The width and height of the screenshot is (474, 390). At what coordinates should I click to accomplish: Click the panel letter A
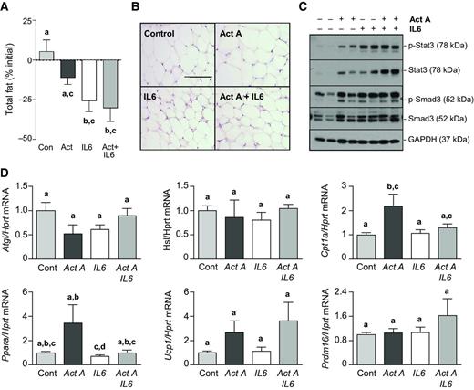(x=6, y=8)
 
